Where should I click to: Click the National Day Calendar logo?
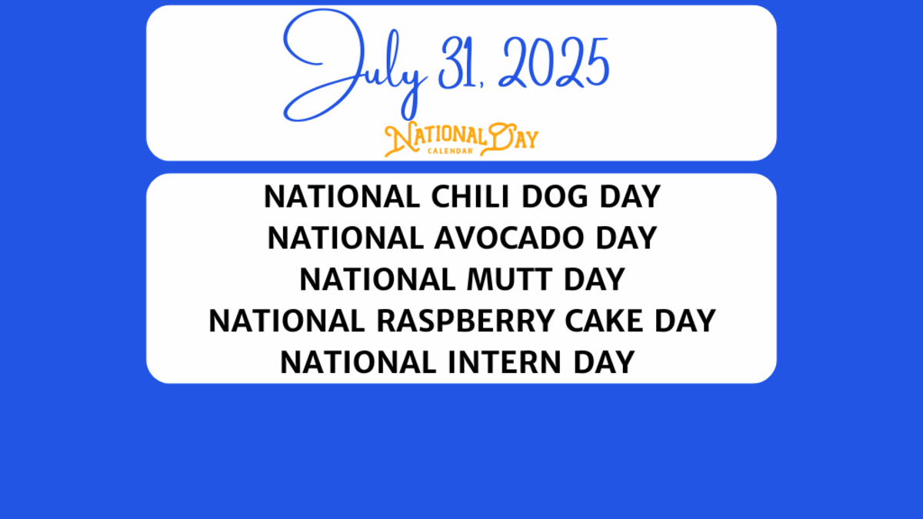pyautogui.click(x=461, y=139)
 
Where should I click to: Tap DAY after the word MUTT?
pyautogui.click(x=593, y=279)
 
